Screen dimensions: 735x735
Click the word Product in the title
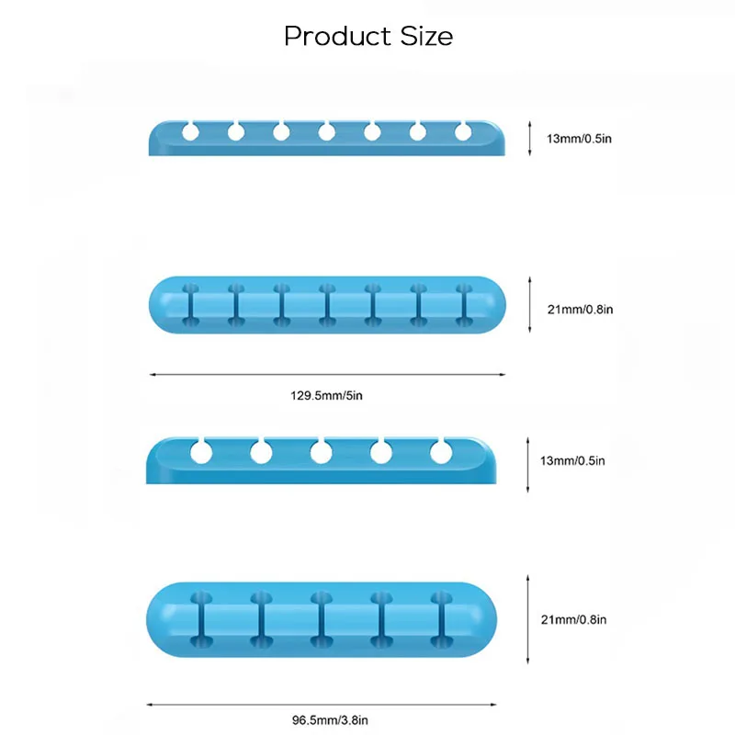point(337,36)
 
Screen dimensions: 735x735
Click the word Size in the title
point(426,36)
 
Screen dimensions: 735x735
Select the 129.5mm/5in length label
point(326,396)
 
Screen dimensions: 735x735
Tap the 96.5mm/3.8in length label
point(330,720)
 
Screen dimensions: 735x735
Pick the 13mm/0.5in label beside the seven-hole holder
point(579,139)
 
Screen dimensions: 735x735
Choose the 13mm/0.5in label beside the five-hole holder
point(572,461)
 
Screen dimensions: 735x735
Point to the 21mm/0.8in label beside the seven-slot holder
point(581,310)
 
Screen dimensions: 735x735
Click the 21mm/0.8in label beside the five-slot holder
point(573,619)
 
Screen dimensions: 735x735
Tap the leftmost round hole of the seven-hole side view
point(190,132)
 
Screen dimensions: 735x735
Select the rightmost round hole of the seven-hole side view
point(463,132)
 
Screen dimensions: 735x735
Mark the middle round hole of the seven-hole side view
point(327,132)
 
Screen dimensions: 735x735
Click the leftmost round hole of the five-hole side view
point(201,453)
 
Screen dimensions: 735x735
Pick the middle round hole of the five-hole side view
point(321,453)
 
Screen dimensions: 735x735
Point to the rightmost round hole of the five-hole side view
point(441,453)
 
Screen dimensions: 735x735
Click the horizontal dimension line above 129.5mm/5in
point(327,375)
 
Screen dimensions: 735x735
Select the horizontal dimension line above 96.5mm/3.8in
point(322,705)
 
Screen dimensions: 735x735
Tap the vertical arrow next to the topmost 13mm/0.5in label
point(530,139)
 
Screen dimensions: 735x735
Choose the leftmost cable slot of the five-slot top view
point(201,619)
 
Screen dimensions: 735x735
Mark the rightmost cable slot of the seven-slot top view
point(464,305)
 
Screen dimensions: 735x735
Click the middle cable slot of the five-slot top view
point(322,619)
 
